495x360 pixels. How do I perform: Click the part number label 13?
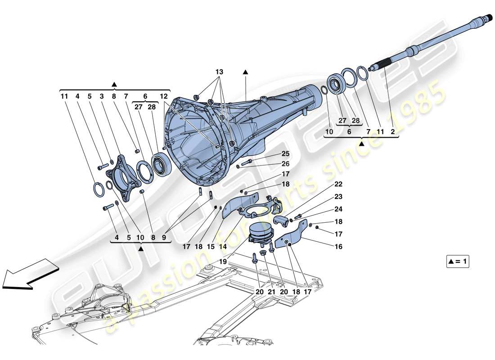pos(219,72)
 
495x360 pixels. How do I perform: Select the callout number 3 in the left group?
pos(102,96)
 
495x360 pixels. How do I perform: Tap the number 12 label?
pos(163,96)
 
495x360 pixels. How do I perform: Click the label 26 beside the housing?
pos(286,164)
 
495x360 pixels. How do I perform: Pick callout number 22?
pos(338,184)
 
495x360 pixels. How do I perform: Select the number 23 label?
pos(338,197)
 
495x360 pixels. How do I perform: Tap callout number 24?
pos(338,209)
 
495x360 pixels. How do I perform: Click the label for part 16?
pos(338,247)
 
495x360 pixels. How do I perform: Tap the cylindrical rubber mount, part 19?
pos(261,233)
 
